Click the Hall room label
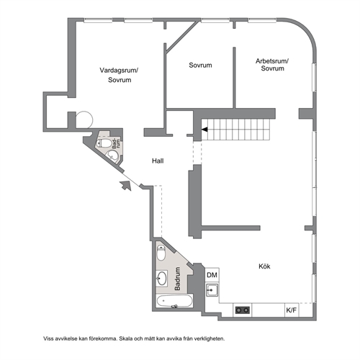click(158, 161)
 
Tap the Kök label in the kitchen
click(264, 266)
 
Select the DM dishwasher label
click(212, 275)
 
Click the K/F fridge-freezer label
click(292, 310)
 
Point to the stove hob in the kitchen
click(243, 310)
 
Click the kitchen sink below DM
click(212, 290)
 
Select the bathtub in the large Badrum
click(174, 301)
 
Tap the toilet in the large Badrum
click(161, 253)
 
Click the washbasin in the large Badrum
click(162, 278)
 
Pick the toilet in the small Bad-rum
click(104, 143)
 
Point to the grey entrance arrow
click(126, 186)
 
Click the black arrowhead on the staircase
click(204, 130)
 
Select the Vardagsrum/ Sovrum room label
click(119, 75)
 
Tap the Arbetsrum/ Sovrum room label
click(272, 65)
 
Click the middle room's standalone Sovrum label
click(200, 66)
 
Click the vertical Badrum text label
click(177, 279)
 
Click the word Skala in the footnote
click(125, 338)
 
